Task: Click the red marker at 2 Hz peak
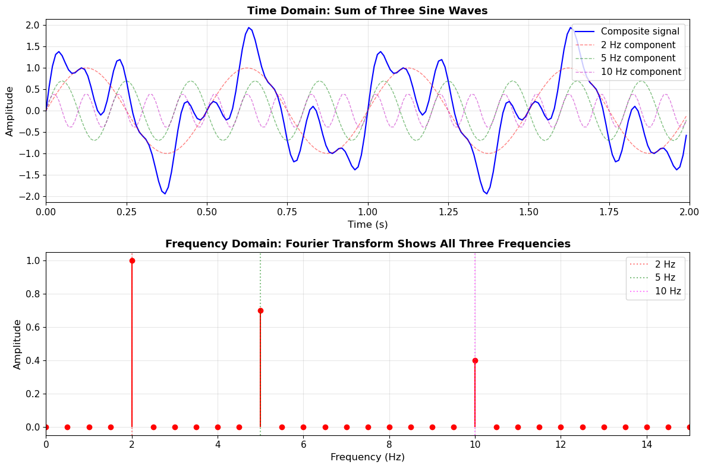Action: tap(132, 260)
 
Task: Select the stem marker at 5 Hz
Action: tap(260, 310)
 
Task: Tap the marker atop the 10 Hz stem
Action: tap(475, 360)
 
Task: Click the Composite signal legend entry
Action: tap(640, 32)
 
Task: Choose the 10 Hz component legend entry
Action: tap(641, 72)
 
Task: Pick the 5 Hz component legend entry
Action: tap(638, 58)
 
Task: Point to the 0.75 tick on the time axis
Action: tap(287, 212)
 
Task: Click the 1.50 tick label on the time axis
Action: tap(529, 212)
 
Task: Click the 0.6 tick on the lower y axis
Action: tap(33, 327)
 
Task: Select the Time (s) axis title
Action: tap(367, 224)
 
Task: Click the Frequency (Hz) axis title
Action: tap(367, 457)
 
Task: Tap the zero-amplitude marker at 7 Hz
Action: tap(347, 427)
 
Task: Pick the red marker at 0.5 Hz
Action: tap(67, 427)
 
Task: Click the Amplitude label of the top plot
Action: tap(10, 111)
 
